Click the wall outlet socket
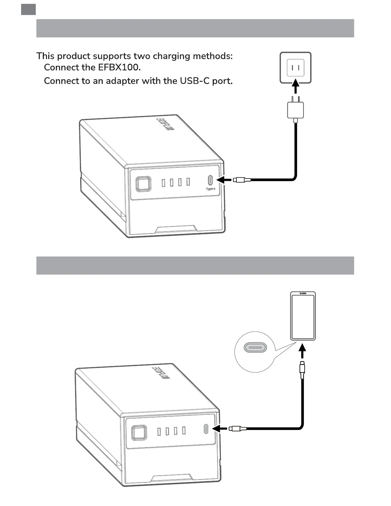[295, 68]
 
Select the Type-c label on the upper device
[211, 189]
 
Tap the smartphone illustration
[303, 316]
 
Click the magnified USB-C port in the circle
[255, 347]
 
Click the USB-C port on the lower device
[206, 428]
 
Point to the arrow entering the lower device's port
[220, 428]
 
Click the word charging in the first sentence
[172, 56]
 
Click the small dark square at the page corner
[28, 10]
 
